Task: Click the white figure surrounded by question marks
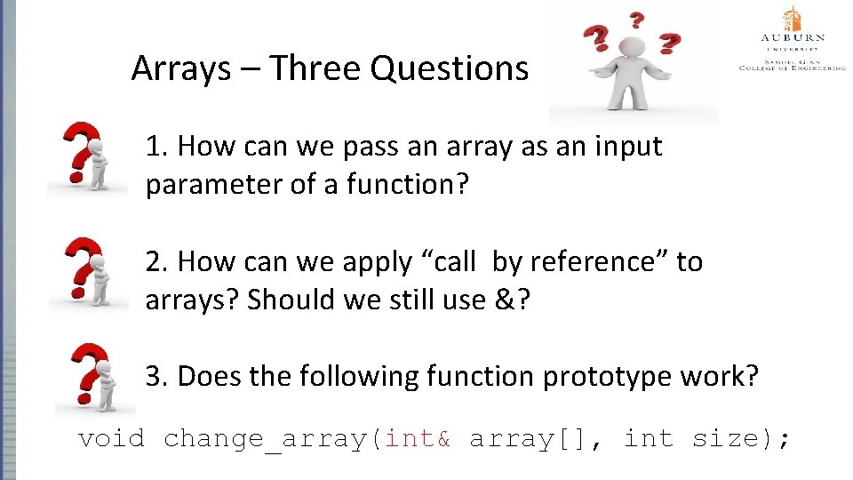[x=633, y=64]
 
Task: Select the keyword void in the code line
[x=111, y=438]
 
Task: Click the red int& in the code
[x=419, y=438]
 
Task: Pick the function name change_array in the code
[x=267, y=439]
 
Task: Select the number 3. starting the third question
[x=157, y=377]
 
